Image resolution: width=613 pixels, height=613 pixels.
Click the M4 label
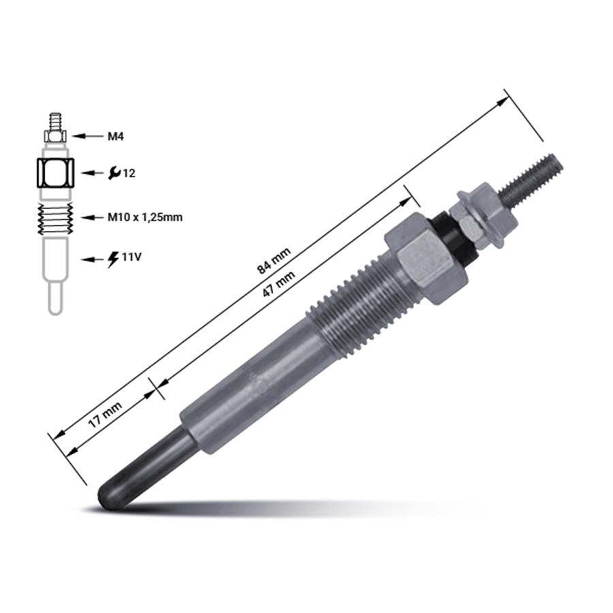116,136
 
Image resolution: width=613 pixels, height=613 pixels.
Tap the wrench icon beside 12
114,172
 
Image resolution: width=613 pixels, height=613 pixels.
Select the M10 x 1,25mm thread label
145,217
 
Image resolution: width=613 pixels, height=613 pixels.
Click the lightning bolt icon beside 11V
113,260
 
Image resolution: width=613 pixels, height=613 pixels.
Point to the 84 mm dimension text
274,261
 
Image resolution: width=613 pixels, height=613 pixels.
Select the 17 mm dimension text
105,414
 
